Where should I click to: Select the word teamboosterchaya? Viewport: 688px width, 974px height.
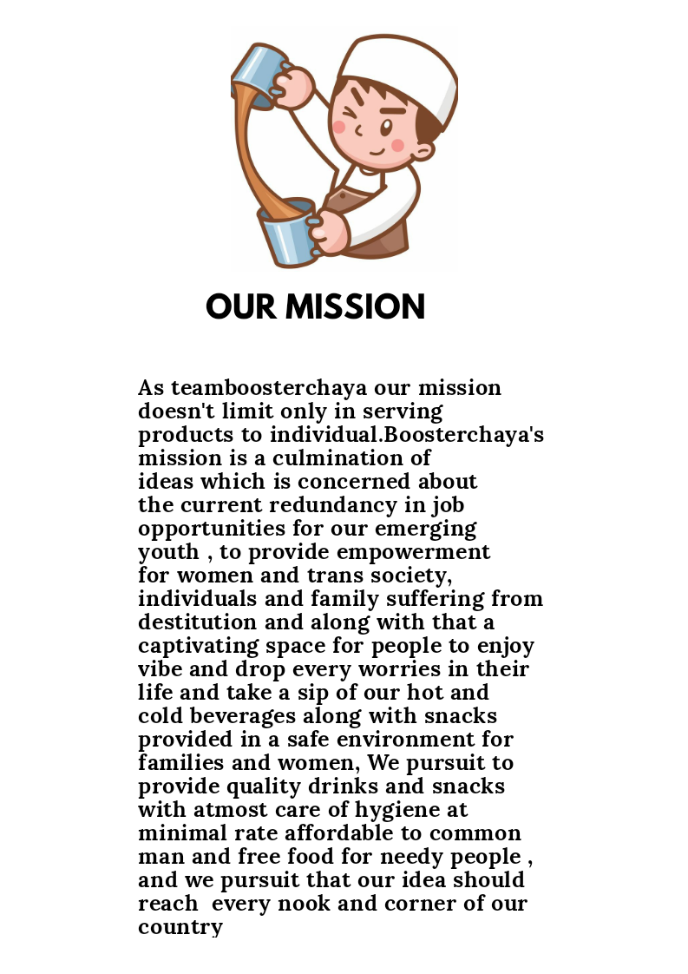269,388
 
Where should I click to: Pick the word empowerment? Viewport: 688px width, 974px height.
413,552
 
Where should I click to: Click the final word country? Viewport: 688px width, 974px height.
180,927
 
